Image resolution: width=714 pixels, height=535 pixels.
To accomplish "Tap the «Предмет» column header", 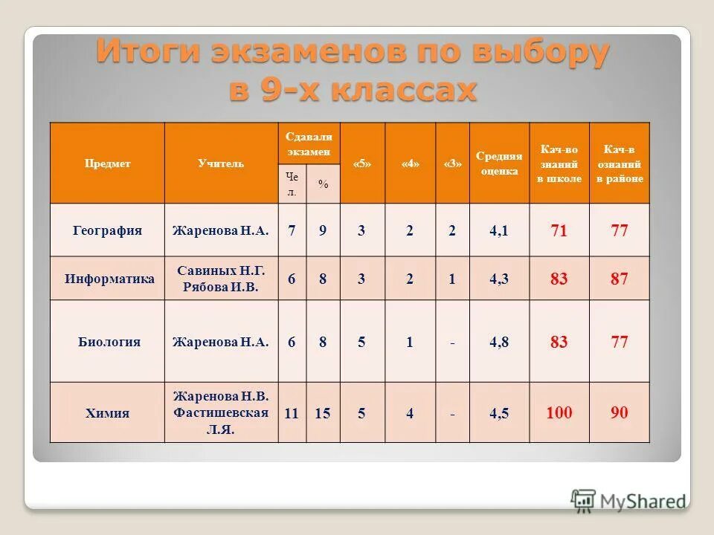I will pyautogui.click(x=107, y=163).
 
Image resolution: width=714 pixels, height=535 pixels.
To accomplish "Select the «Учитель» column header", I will pyautogui.click(x=221, y=163).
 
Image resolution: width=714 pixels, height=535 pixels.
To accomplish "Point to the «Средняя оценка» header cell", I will pyautogui.click(x=499, y=163).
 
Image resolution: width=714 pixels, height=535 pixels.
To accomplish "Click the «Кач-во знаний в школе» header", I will pyautogui.click(x=559, y=163).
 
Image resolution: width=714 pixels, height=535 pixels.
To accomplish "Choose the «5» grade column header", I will pyautogui.click(x=361, y=163).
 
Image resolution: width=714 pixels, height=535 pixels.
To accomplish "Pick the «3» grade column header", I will pyautogui.click(x=452, y=163).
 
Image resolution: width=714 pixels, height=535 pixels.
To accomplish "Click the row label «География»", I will pyautogui.click(x=107, y=231).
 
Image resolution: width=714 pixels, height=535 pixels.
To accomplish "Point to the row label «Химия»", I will pyautogui.click(x=107, y=414).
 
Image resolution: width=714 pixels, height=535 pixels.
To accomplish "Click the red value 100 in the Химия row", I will pyautogui.click(x=559, y=413).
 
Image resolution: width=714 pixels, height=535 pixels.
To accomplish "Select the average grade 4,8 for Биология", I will pyautogui.click(x=499, y=343).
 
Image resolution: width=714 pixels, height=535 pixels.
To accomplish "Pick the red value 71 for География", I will pyautogui.click(x=559, y=231).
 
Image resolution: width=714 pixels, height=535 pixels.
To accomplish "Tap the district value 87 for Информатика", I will pyautogui.click(x=620, y=279).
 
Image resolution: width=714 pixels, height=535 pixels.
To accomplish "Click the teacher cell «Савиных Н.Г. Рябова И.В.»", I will pyautogui.click(x=221, y=279).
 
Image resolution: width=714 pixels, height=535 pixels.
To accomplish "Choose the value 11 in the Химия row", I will pyautogui.click(x=292, y=413).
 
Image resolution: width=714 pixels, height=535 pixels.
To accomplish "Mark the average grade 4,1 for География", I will pyautogui.click(x=499, y=231).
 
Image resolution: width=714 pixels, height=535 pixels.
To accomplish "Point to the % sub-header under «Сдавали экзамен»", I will pyautogui.click(x=323, y=184).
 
